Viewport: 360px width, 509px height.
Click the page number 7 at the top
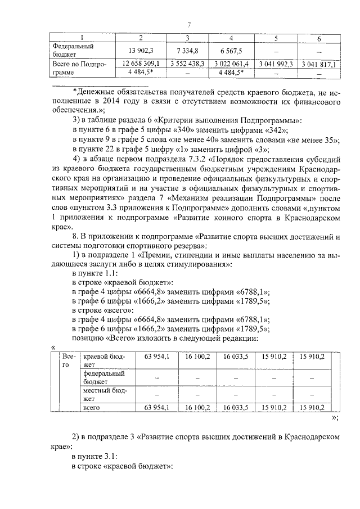(x=190, y=24)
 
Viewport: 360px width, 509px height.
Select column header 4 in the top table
(x=232, y=38)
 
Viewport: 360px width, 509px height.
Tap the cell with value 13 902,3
(x=140, y=51)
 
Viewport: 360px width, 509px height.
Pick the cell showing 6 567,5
(x=232, y=51)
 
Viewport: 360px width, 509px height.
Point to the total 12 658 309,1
(x=140, y=65)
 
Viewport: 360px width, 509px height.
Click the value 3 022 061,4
(x=232, y=65)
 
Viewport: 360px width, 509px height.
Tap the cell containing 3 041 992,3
(x=276, y=65)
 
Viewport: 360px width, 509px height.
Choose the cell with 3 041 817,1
(x=319, y=65)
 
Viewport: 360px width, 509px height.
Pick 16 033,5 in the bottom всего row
(x=236, y=407)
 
